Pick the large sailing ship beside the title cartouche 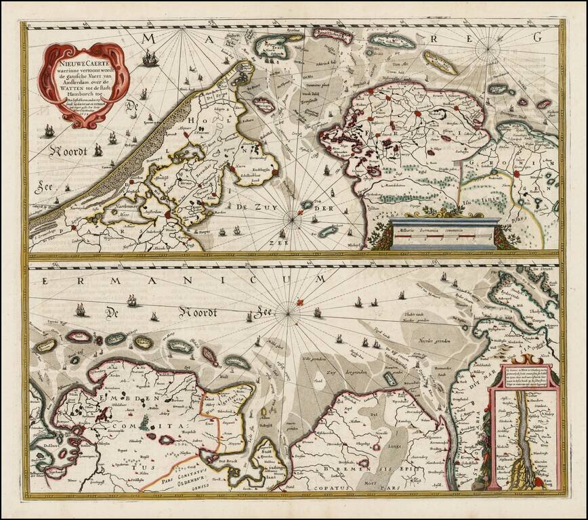[x=150, y=60]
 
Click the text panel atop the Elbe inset [x=524, y=376]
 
